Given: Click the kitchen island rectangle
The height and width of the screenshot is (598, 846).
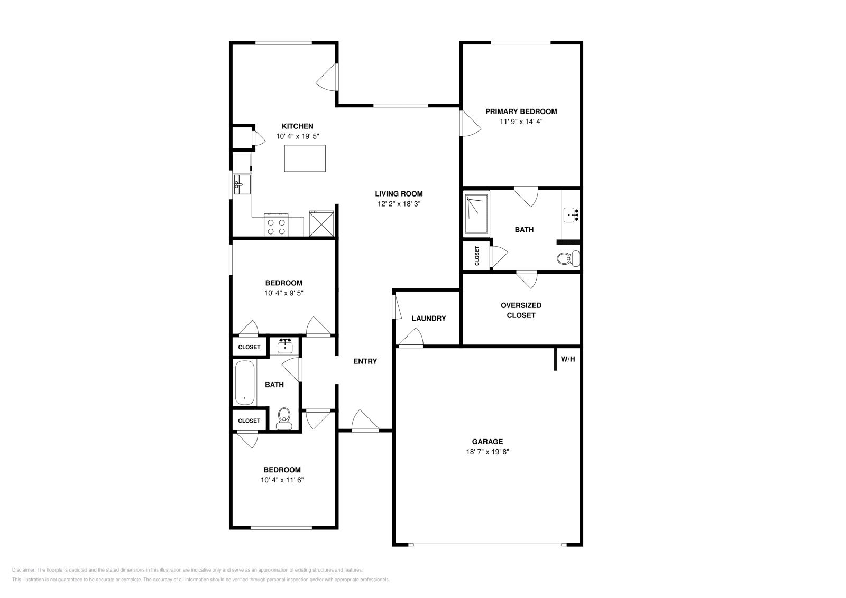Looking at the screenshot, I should (305, 158).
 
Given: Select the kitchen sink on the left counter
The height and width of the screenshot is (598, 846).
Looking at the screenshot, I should (242, 184).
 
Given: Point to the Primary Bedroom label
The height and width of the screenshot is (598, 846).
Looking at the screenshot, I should (521, 111).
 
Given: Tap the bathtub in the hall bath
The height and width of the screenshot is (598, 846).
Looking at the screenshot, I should (244, 382).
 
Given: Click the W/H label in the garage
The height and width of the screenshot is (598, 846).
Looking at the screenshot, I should (567, 359).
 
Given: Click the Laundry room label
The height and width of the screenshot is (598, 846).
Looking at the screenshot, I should (429, 319).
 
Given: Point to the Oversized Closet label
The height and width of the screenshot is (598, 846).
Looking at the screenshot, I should (521, 310).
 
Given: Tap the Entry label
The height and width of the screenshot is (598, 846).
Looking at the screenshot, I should (365, 361).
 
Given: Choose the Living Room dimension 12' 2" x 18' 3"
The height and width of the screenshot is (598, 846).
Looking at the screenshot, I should (399, 203).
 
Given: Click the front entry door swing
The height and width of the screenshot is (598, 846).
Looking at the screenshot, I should (364, 421).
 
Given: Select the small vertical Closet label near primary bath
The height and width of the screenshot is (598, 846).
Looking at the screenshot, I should (477, 256).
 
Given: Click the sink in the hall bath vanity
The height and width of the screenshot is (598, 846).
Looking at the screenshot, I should (286, 346).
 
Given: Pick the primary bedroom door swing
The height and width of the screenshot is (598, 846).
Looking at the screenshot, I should (470, 124).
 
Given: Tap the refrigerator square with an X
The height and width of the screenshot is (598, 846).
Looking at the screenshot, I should (321, 223).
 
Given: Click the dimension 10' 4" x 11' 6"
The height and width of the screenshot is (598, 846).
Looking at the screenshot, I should (282, 480).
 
